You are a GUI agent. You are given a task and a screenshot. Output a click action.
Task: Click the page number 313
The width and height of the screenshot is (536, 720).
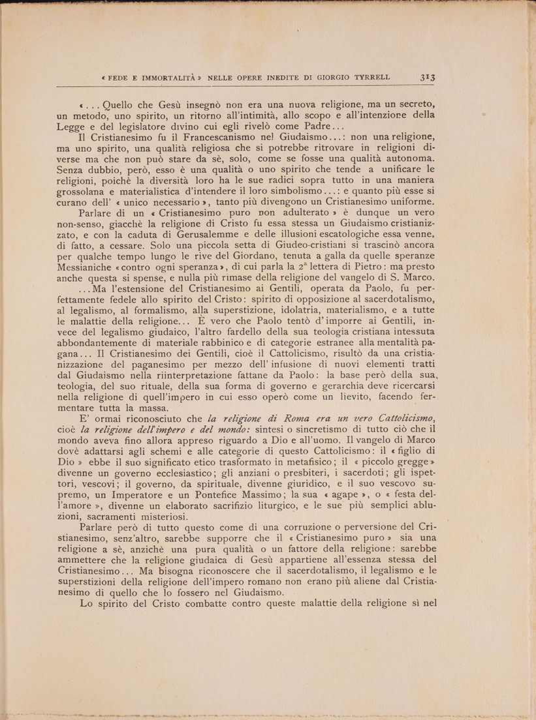point(428,77)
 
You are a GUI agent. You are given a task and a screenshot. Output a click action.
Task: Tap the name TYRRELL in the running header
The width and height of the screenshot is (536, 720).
point(370,77)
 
